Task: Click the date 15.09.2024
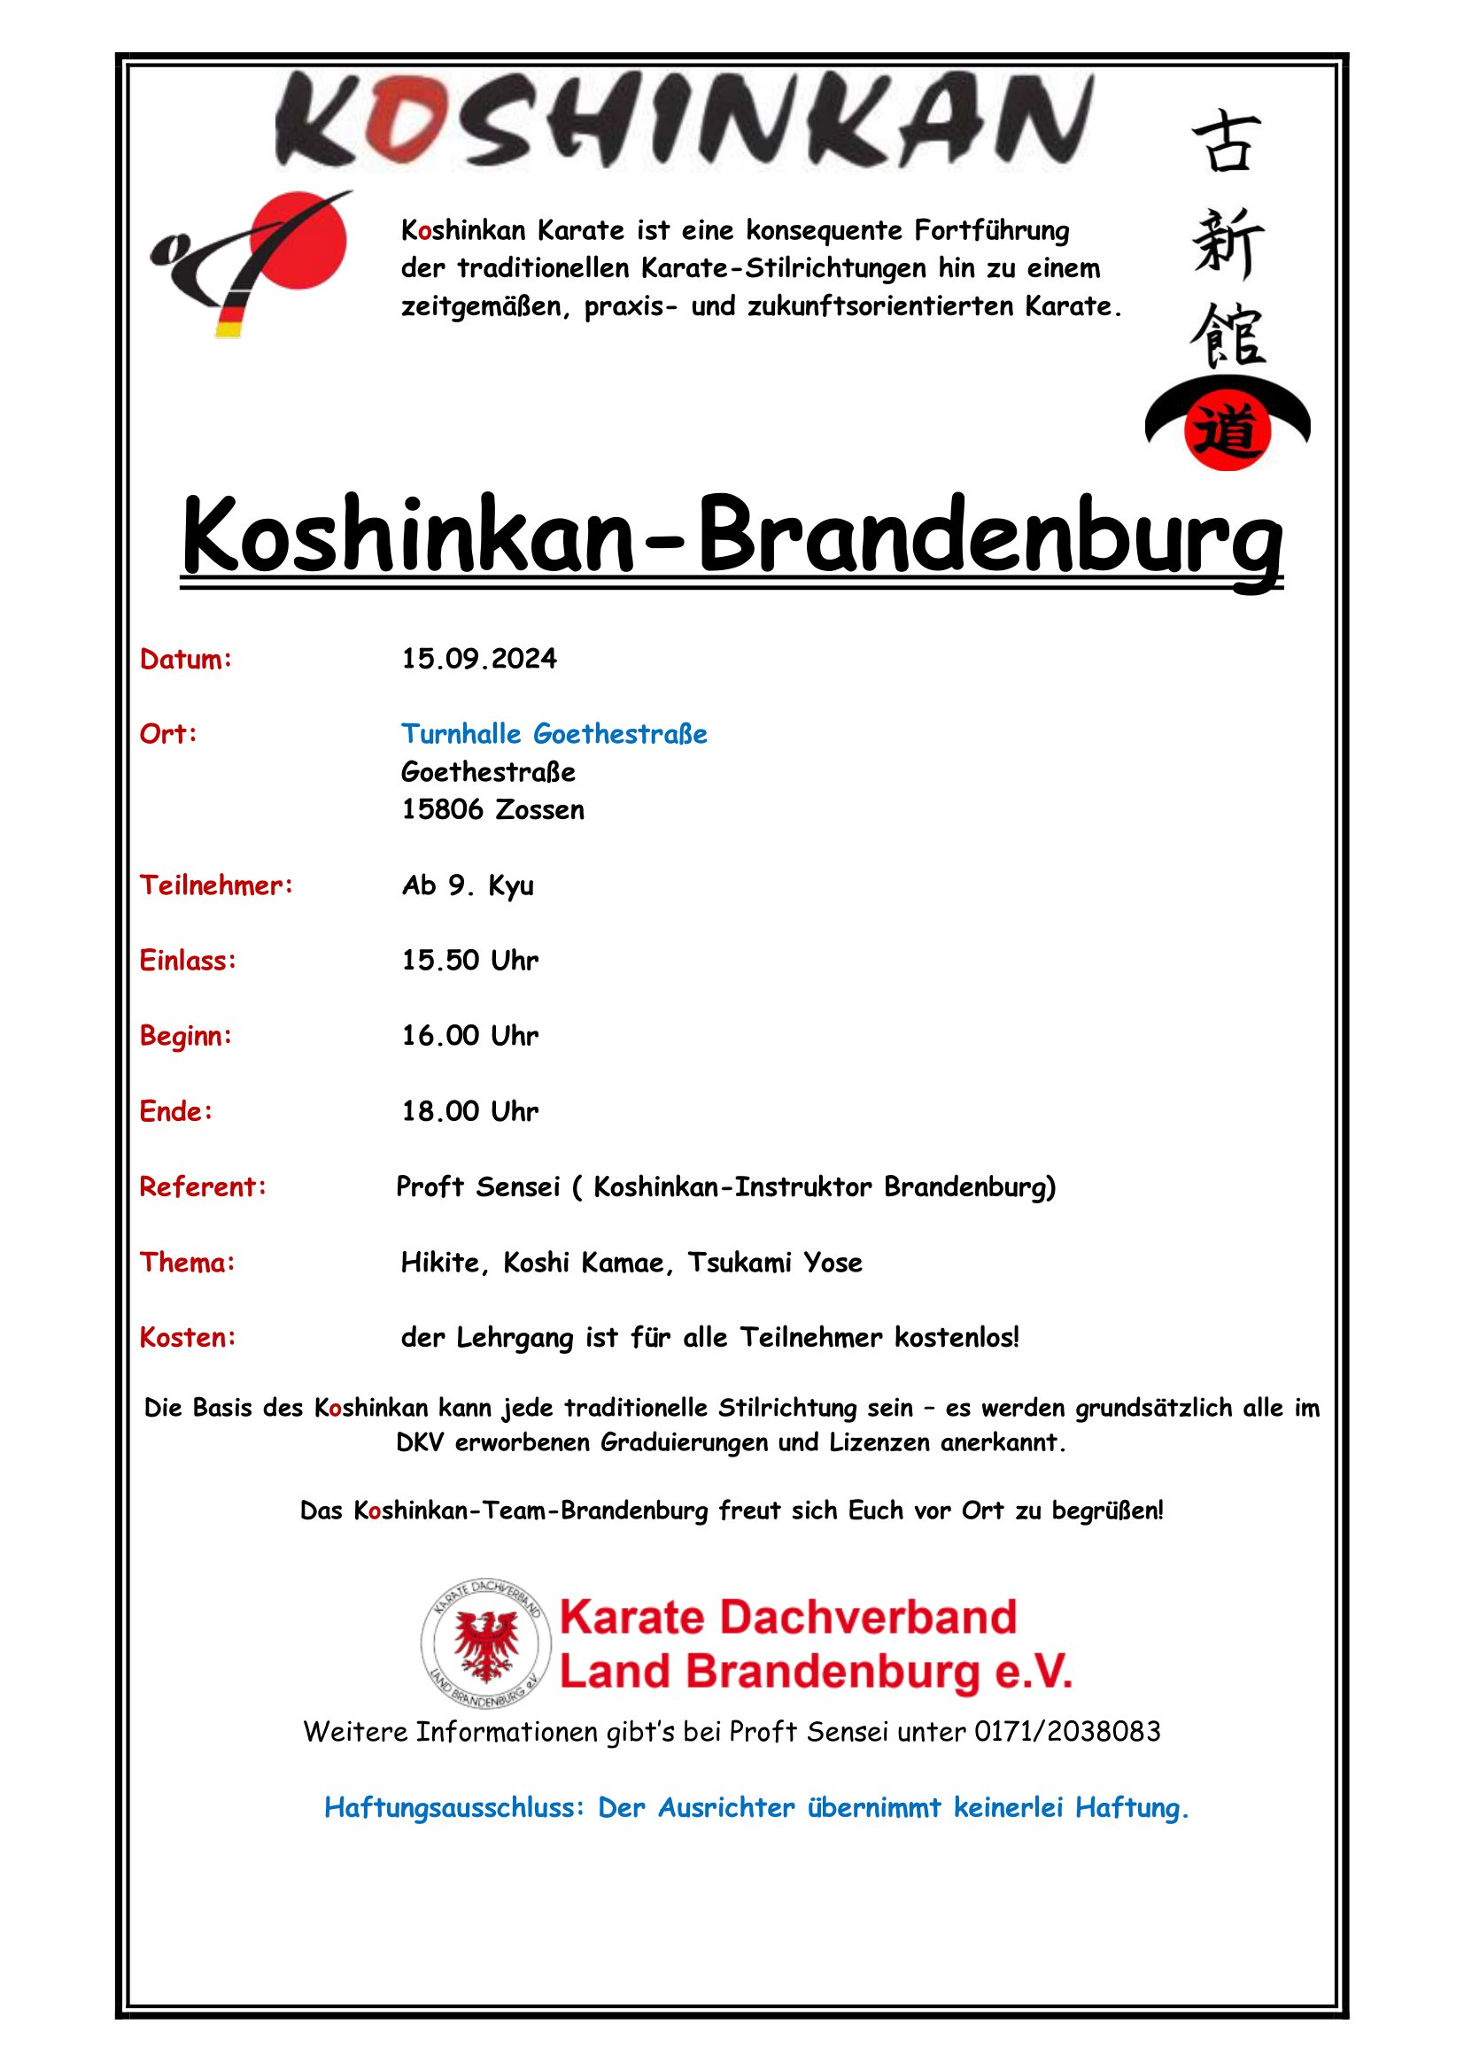(479, 660)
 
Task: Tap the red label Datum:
(186, 661)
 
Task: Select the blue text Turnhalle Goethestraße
(554, 734)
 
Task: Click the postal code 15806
(442, 810)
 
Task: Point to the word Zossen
(539, 810)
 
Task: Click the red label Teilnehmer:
(216, 885)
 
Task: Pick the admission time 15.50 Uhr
(470, 961)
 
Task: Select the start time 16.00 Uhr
(470, 1036)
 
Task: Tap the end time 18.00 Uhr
(470, 1111)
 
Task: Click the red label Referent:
(203, 1187)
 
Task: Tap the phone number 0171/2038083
(1067, 1732)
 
